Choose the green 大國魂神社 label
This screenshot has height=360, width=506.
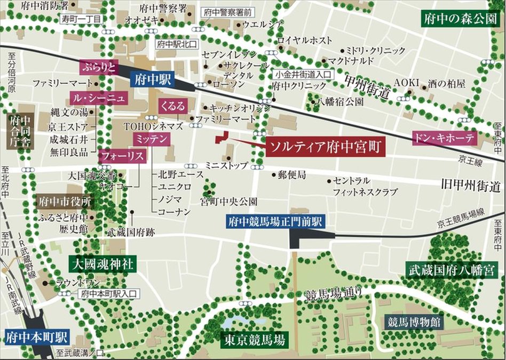(x=103, y=263)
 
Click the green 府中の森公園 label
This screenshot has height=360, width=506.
(x=460, y=20)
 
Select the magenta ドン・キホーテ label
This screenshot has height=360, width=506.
(x=445, y=138)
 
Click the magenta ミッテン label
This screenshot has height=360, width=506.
(x=152, y=139)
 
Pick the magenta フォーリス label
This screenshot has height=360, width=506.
(x=122, y=156)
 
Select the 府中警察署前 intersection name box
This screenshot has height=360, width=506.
(x=229, y=12)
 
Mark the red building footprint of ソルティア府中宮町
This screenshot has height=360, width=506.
(x=222, y=137)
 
